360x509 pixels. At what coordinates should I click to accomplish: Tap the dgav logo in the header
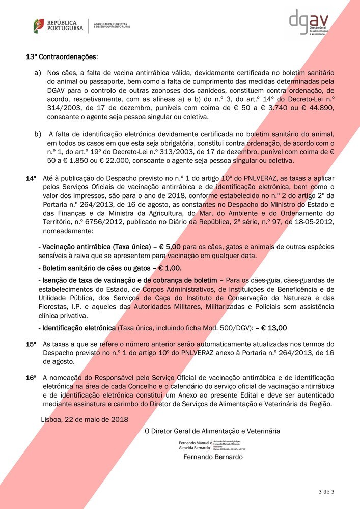point(308,22)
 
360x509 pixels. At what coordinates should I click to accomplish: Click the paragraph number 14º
point(32,179)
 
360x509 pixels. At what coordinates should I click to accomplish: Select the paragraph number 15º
point(32,345)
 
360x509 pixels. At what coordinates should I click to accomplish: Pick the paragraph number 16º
point(32,378)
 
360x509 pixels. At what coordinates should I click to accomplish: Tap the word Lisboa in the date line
point(50,419)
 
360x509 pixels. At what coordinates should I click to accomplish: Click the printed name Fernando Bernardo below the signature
point(213,457)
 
